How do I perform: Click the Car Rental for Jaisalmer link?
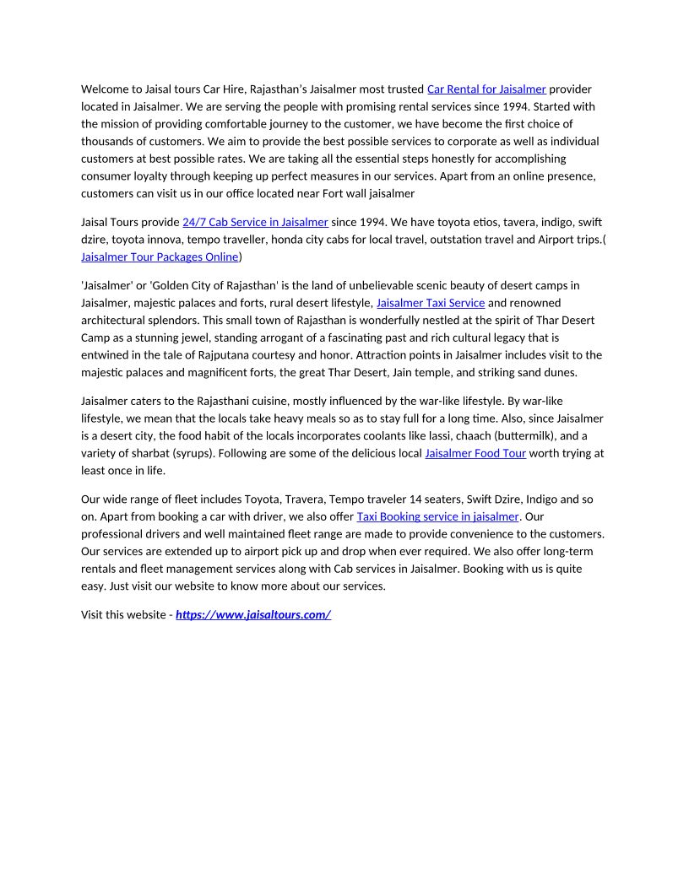[x=486, y=89]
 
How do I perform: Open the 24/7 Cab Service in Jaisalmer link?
[x=255, y=222]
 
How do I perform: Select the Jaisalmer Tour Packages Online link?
[x=160, y=256]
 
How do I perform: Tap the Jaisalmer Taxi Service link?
[x=430, y=302]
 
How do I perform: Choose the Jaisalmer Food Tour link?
[x=475, y=453]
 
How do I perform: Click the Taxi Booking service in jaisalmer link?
[x=437, y=516]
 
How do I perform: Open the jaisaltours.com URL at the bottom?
[x=253, y=614]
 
